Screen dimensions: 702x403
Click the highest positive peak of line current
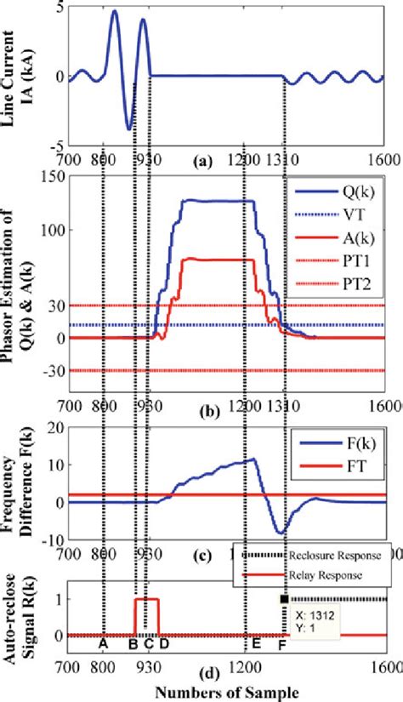[115, 12]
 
